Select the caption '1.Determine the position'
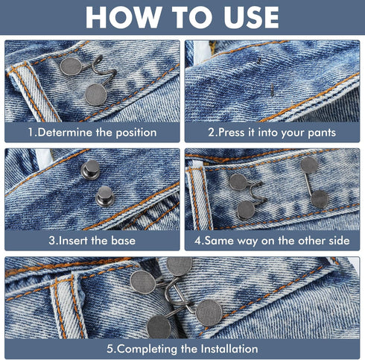coord(93,133)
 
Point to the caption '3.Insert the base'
coord(93,241)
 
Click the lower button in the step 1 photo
coord(95,94)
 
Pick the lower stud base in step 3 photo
coord(105,196)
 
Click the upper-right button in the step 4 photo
coord(308,165)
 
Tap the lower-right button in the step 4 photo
coord(320,198)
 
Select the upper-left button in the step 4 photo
coord(238,181)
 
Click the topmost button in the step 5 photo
coord(179,265)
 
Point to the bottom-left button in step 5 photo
coord(159,326)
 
